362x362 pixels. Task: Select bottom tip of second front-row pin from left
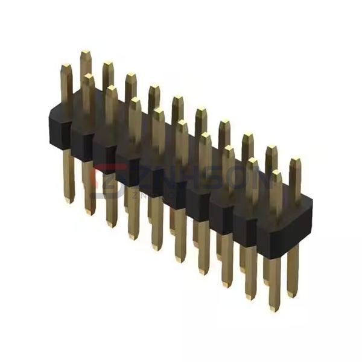[90, 212]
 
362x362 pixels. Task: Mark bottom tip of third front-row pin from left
[111, 225]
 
